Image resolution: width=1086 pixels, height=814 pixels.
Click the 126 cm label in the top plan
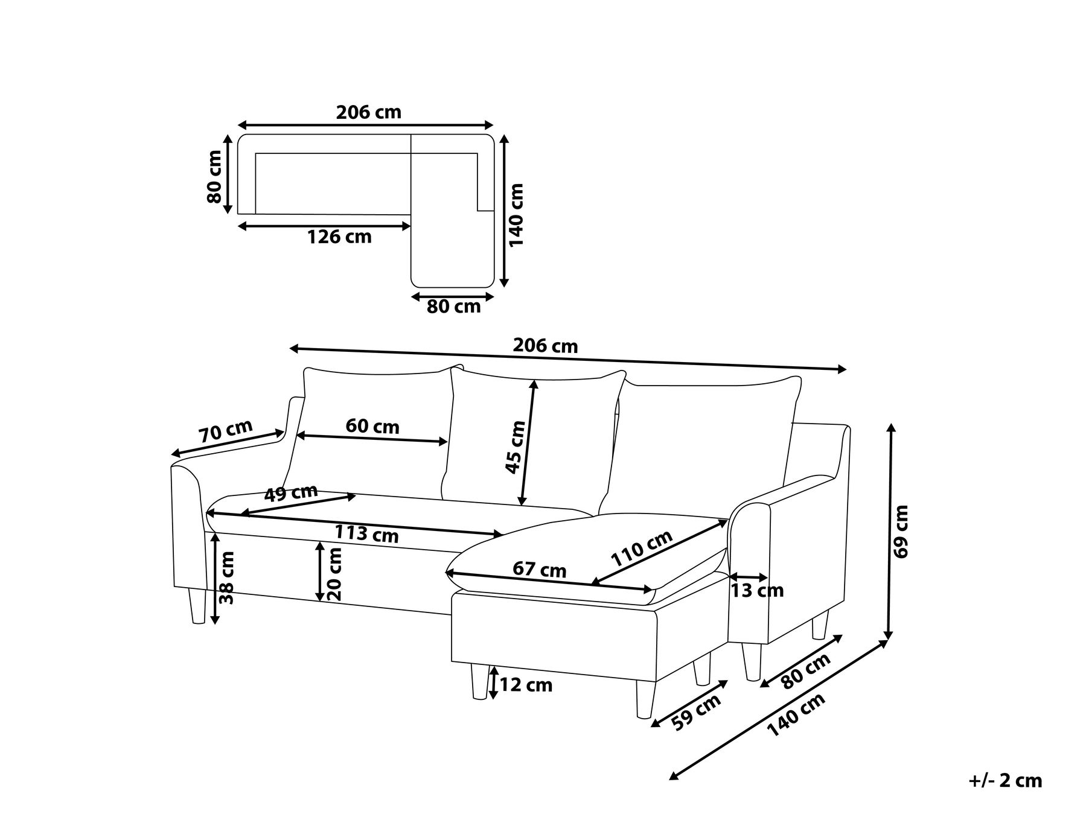coord(339,237)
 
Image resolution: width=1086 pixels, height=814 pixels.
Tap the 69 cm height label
coord(900,532)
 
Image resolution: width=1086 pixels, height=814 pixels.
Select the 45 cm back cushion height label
coord(515,447)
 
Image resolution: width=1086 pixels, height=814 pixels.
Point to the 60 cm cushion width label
coord(372,427)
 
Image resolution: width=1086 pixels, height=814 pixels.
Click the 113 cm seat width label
coord(366,534)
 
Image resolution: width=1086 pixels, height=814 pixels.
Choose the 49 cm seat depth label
coord(291,493)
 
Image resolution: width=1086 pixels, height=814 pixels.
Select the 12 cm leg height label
coord(526,685)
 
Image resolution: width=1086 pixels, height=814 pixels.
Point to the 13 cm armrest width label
coord(757,591)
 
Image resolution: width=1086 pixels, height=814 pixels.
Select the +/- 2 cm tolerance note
coord(1005,781)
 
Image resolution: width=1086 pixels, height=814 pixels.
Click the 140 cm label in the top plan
coord(516,214)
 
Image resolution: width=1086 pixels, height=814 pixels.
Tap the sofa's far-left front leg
coord(196,606)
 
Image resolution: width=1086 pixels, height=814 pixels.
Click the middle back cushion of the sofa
coord(531,434)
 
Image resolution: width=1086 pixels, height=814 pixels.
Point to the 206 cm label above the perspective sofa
coord(545,346)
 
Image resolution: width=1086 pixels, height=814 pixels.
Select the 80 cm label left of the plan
coord(214,176)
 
